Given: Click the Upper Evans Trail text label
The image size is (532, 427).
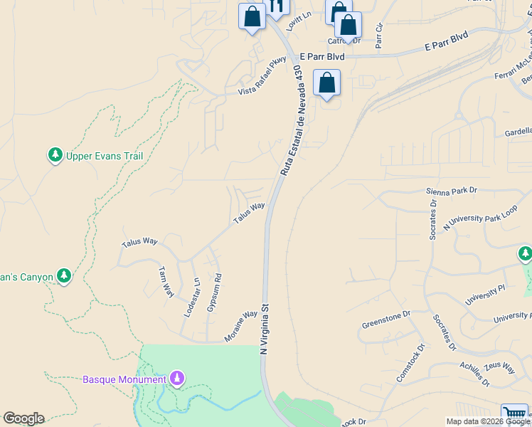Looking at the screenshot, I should pos(105,156).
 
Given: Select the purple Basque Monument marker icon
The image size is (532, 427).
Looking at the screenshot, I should pos(177,378).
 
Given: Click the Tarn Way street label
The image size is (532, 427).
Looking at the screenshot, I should pos(166,282).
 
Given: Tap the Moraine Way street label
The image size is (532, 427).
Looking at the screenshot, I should pos(240,326).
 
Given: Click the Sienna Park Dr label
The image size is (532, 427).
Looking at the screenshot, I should pos(452,191).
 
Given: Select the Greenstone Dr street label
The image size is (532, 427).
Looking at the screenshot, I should pos(387,315).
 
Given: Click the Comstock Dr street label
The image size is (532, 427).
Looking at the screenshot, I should pos(410,363).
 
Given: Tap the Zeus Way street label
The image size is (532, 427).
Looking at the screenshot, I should pos(499,367).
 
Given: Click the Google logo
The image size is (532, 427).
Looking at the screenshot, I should pos(23,418).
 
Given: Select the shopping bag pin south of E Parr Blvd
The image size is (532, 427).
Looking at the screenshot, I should pos(326,83).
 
